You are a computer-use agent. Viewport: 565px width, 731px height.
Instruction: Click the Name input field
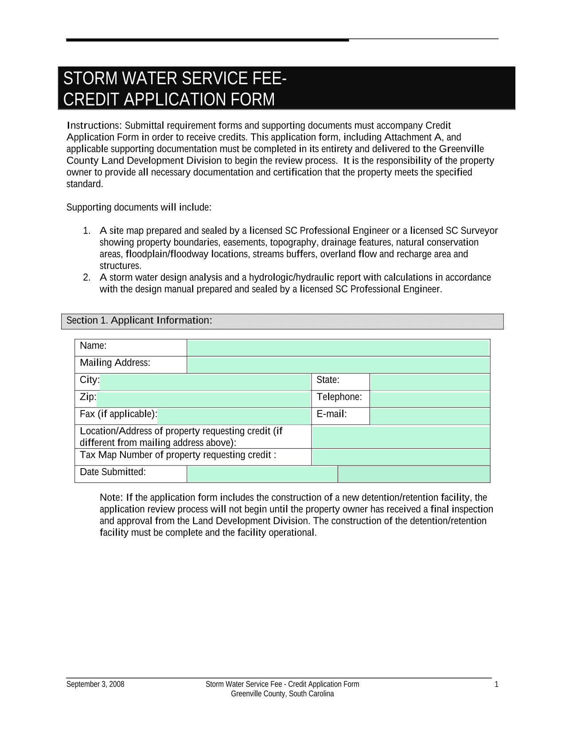click(338, 348)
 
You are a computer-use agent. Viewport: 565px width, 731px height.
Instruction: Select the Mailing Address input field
click(338, 365)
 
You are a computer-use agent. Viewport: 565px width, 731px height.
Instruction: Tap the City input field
click(205, 382)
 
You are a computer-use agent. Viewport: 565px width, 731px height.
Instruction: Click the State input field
click(430, 382)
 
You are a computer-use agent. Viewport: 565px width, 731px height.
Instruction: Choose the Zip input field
click(203, 399)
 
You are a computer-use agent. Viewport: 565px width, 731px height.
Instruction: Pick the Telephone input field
click(430, 399)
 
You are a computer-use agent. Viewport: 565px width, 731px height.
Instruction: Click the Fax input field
click(234, 416)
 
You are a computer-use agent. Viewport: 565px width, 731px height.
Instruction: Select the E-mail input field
click(430, 416)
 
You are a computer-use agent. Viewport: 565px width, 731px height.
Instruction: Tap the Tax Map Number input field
click(401, 457)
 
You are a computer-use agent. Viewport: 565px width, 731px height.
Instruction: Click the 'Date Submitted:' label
click(113, 472)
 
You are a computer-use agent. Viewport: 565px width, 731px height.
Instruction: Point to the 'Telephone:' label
click(339, 397)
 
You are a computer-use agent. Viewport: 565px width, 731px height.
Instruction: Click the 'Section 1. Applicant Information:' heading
click(139, 321)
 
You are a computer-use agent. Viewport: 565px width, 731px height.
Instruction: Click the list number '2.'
click(87, 278)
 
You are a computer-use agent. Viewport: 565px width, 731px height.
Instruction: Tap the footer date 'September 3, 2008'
click(95, 684)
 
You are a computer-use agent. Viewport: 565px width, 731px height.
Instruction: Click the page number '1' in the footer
click(496, 684)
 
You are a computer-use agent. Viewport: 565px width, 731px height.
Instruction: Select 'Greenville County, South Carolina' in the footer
click(282, 694)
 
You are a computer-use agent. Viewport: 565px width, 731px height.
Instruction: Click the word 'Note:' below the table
click(111, 498)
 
